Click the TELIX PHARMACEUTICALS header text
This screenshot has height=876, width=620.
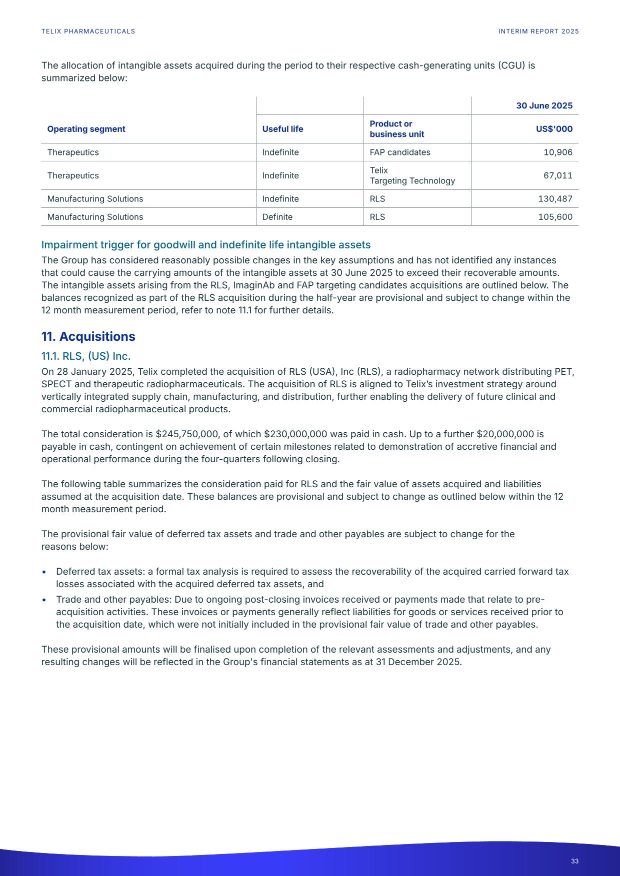click(x=88, y=31)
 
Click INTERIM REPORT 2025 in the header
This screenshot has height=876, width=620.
click(x=538, y=31)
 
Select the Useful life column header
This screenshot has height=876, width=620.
click(x=282, y=129)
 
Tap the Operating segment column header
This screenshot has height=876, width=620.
click(x=86, y=129)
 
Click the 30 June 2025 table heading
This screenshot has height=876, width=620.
click(x=544, y=106)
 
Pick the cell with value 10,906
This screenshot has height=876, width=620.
click(x=557, y=152)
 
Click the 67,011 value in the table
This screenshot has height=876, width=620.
click(x=558, y=175)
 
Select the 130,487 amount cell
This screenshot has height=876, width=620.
click(x=555, y=199)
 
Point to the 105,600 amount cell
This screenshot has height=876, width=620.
click(x=555, y=217)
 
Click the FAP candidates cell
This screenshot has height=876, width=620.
click(x=400, y=152)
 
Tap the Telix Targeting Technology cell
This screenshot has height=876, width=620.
click(x=412, y=175)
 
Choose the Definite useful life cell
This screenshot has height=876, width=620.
click(x=277, y=217)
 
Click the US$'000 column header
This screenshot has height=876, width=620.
click(x=553, y=129)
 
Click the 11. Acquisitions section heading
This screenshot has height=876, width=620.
click(x=88, y=336)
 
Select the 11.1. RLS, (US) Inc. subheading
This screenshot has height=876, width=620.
click(x=85, y=356)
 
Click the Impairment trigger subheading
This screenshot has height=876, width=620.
click(x=205, y=245)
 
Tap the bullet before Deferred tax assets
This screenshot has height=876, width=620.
click(x=45, y=572)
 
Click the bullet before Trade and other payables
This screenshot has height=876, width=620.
click(x=45, y=600)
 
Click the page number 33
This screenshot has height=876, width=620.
click(x=574, y=861)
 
